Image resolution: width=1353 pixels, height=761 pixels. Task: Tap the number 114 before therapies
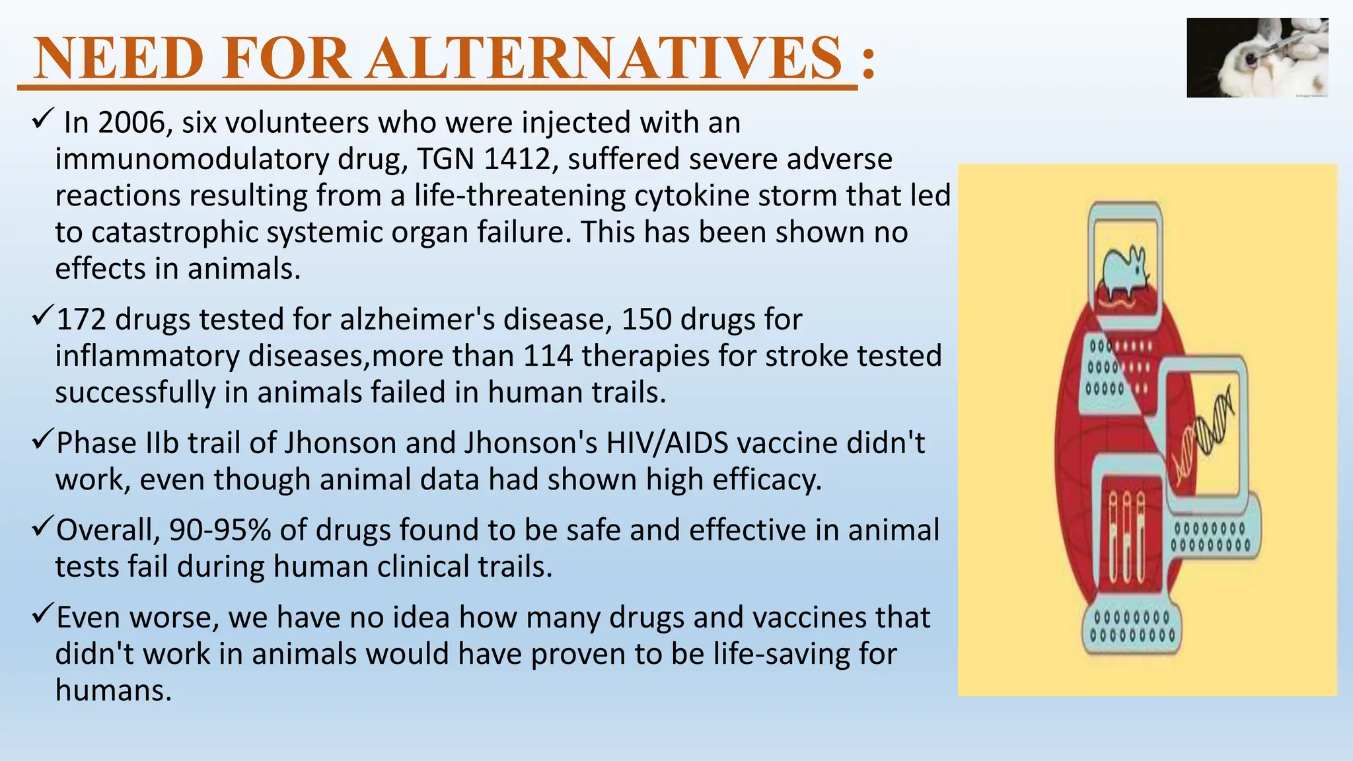pos(548,356)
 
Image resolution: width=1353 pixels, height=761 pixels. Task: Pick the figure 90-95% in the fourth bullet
pos(220,530)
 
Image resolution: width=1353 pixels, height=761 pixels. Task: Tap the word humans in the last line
pos(113,690)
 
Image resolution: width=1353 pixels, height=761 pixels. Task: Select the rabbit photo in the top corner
pos(1257,58)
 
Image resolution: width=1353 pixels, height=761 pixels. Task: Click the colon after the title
pos(868,63)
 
